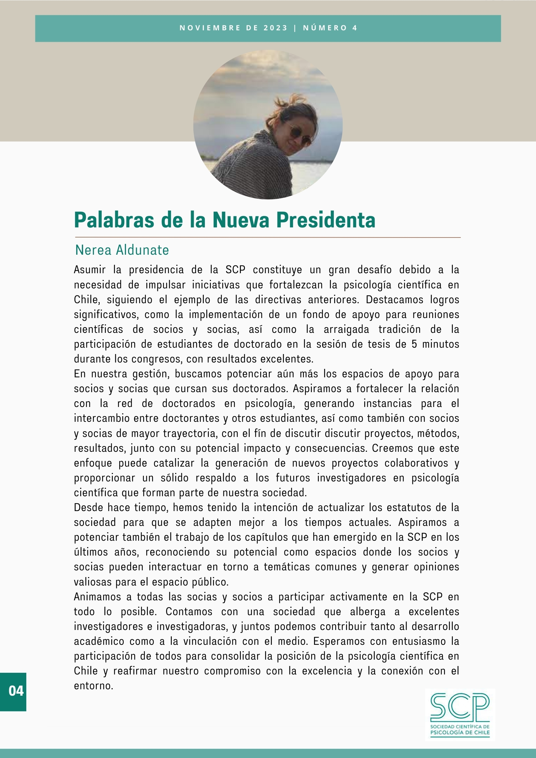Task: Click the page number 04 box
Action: [13, 691]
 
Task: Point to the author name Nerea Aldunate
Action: [122, 250]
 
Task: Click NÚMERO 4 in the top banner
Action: [330, 28]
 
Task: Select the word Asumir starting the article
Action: [90, 270]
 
